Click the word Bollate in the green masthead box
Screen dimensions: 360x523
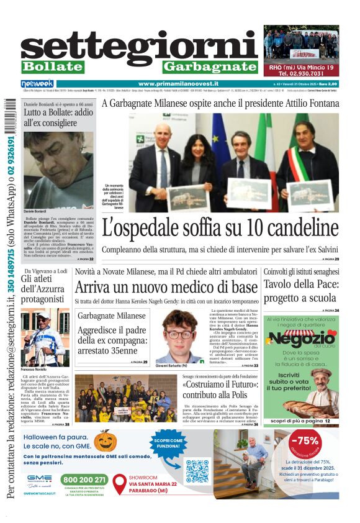point(52,66)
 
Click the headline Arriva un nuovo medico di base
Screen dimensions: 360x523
point(166,288)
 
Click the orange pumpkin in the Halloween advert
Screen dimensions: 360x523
point(105,440)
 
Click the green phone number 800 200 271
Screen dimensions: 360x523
point(84,480)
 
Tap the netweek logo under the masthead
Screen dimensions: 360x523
point(37,83)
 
